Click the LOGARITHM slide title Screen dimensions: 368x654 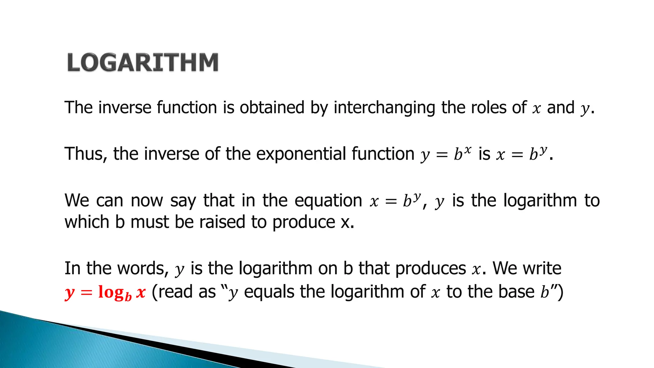(x=143, y=62)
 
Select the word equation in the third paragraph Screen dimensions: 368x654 (x=328, y=201)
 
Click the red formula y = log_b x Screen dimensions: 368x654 (x=105, y=292)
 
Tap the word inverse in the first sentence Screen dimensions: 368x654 (x=125, y=107)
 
